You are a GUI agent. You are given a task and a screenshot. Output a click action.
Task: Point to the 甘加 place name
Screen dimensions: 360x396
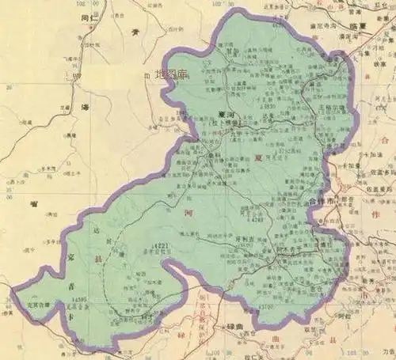230,49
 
